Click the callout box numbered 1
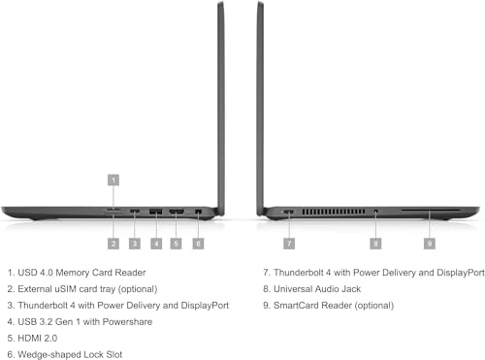tap(113, 180)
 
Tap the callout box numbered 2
tap(113, 243)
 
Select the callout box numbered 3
tap(135, 243)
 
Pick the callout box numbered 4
tap(156, 243)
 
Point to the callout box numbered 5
tap(177, 243)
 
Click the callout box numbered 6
tap(198, 243)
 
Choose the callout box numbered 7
tap(289, 243)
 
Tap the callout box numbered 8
tap(375, 243)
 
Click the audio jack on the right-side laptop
tap(375, 212)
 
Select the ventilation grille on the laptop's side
tap(333, 212)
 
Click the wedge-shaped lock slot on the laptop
tap(198, 212)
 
